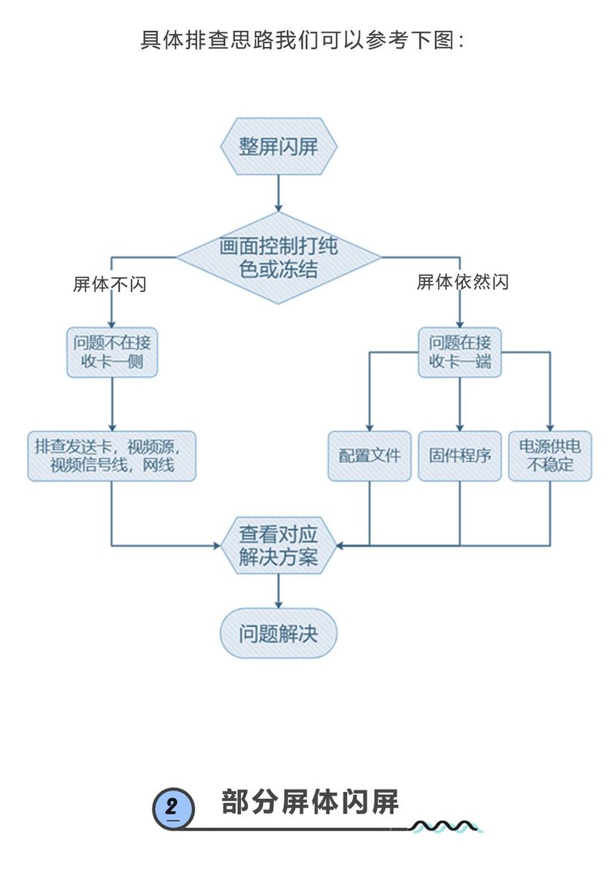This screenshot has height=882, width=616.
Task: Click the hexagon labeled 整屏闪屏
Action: click(278, 147)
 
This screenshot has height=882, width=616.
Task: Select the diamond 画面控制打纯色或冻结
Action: click(278, 258)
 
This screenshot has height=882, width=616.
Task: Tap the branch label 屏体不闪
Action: click(109, 285)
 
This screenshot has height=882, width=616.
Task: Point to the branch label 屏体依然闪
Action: click(463, 282)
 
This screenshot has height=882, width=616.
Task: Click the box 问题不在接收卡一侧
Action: click(112, 353)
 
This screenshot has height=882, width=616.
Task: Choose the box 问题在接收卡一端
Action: click(460, 353)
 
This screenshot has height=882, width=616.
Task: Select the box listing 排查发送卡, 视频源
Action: click(112, 455)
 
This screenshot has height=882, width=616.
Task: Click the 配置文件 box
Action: click(370, 455)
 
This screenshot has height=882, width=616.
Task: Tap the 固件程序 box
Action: click(460, 455)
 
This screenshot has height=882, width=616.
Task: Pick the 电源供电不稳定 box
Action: click(550, 455)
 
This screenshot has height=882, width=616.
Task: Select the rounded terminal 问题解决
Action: click(278, 633)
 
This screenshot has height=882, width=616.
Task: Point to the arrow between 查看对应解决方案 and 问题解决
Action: click(278, 592)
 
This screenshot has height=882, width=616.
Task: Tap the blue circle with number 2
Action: click(172, 808)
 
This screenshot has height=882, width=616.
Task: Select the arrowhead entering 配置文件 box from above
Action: click(370, 426)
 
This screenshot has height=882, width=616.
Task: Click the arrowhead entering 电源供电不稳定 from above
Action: click(550, 426)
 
